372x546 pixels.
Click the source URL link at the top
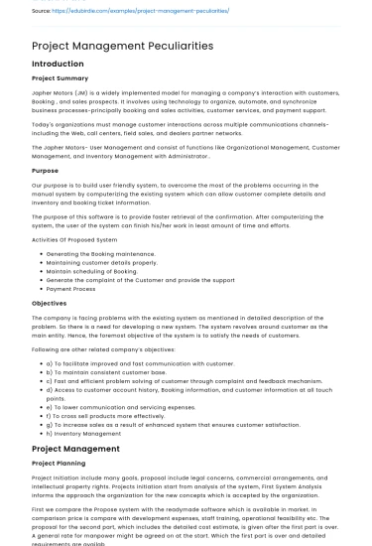coord(144,11)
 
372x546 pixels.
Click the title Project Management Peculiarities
coord(123,46)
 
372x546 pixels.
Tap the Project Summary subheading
coord(60,77)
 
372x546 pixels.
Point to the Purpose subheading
coord(46,170)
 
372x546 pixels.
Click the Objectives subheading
coord(50,302)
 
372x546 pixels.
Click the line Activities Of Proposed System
coord(74,239)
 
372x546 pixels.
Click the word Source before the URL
coord(42,11)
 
